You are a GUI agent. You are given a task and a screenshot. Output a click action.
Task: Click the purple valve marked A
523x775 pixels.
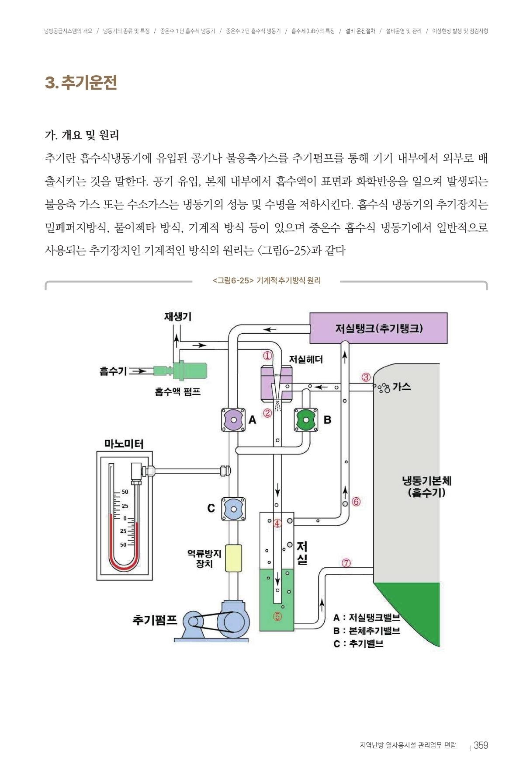pyautogui.click(x=234, y=420)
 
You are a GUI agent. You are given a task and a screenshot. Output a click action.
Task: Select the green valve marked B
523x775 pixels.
pyautogui.click(x=306, y=420)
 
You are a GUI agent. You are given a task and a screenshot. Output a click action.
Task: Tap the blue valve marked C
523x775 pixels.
pyautogui.click(x=233, y=509)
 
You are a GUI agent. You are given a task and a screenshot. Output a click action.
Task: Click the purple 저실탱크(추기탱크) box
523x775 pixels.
pyautogui.click(x=378, y=328)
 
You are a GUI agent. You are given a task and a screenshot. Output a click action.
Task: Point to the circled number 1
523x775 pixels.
pyautogui.click(x=267, y=356)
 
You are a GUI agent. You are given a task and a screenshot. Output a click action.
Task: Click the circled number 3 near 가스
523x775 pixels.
pyautogui.click(x=366, y=377)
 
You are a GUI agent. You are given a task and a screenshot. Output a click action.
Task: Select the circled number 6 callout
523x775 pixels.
pyautogui.click(x=356, y=502)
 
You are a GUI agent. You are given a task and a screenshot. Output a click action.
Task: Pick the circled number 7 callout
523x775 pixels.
pyautogui.click(x=346, y=563)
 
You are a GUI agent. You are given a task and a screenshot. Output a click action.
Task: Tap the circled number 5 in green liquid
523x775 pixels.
pyautogui.click(x=277, y=616)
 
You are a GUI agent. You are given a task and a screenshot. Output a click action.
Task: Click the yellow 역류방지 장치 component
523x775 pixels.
pyautogui.click(x=233, y=558)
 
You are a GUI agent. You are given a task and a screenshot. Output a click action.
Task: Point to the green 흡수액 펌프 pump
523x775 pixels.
pyautogui.click(x=181, y=371)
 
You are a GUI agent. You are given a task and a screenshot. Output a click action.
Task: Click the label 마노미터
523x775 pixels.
pyautogui.click(x=124, y=444)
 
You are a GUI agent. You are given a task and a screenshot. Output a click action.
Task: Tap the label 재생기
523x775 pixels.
pyautogui.click(x=177, y=316)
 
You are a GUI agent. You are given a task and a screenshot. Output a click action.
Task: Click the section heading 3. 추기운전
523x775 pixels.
pyautogui.click(x=81, y=82)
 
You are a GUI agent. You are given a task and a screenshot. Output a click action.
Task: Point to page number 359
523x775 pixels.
pyautogui.click(x=481, y=745)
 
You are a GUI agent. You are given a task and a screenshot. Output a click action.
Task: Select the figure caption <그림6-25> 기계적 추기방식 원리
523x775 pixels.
pyautogui.click(x=267, y=281)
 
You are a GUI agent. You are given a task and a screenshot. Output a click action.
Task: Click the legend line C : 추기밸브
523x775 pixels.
pyautogui.click(x=358, y=644)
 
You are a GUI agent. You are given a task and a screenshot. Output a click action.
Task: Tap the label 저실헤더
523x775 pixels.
pyautogui.click(x=306, y=360)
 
